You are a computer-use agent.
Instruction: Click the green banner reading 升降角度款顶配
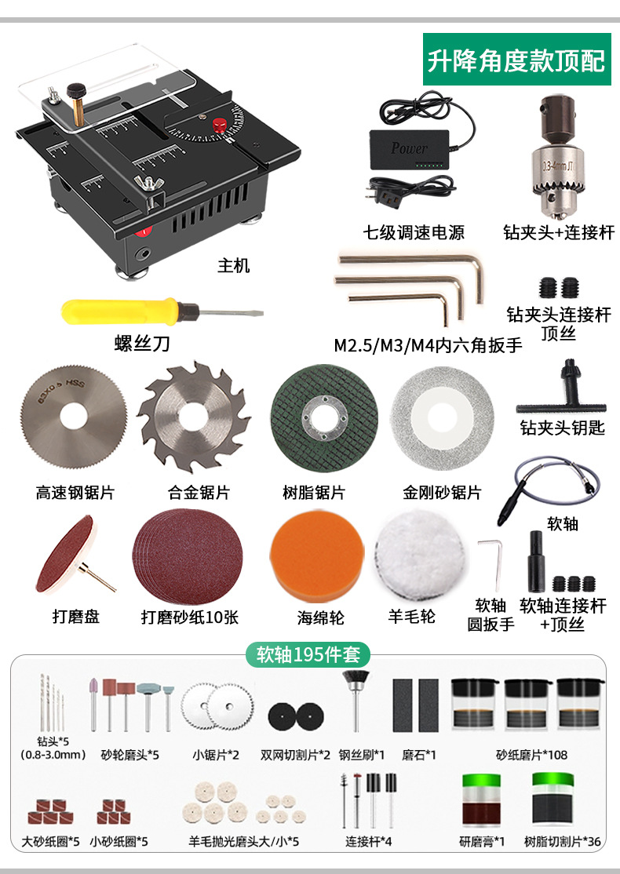[x=516, y=60]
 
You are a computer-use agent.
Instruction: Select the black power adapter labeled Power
[x=409, y=147]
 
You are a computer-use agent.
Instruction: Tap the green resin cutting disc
[x=323, y=413]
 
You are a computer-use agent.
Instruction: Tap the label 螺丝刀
[x=141, y=344]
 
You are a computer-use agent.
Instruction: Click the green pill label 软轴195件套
[x=308, y=654]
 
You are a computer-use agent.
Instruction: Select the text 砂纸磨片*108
[x=531, y=755]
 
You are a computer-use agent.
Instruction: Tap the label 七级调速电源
[x=414, y=232]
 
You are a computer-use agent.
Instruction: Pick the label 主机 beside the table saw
[x=233, y=265]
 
